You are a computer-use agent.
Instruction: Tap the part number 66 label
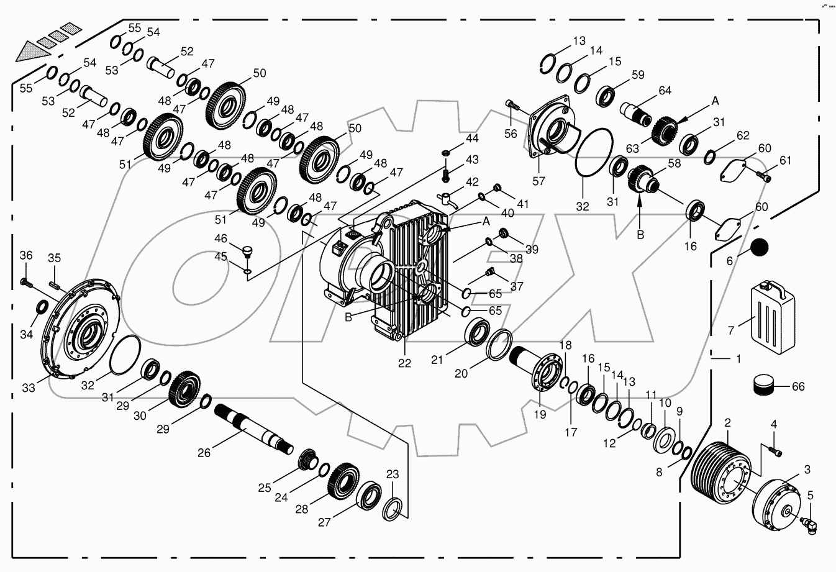(797, 387)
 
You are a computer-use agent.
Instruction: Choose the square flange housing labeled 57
(550, 132)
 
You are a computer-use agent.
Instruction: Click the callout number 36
(25, 255)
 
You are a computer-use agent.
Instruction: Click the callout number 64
(665, 91)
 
